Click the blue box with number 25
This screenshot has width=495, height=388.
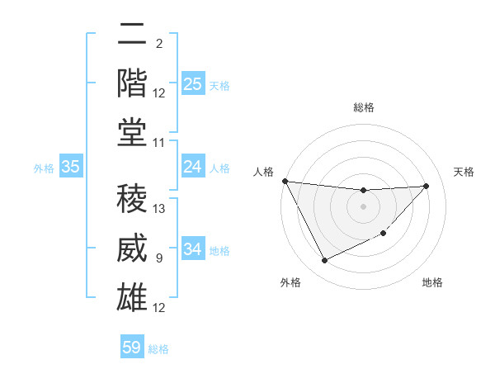(193, 84)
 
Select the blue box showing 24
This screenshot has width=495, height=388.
(193, 168)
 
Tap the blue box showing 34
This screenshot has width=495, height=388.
(193, 249)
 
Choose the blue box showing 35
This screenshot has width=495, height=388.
(71, 168)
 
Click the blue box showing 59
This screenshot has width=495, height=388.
(132, 348)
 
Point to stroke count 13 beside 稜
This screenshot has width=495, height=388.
(160, 209)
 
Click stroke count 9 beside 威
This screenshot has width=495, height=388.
(158, 258)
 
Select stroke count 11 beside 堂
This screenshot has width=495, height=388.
(160, 143)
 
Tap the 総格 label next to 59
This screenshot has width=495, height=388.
(158, 349)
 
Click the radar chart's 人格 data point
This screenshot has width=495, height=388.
(285, 181)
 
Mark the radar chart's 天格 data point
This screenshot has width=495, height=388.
(426, 186)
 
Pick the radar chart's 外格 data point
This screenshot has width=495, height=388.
(324, 261)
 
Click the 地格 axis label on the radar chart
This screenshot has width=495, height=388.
(432, 282)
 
